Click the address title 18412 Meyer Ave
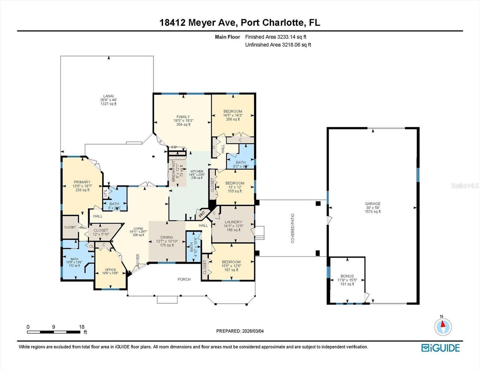click(x=240, y=23)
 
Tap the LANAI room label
click(x=108, y=96)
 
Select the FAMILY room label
click(x=183, y=117)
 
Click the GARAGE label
click(x=373, y=204)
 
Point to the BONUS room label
click(x=347, y=276)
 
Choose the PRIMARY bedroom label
click(x=82, y=182)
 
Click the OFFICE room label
click(x=110, y=270)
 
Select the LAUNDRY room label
click(x=233, y=222)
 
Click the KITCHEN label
click(x=197, y=171)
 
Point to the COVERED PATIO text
click(x=293, y=228)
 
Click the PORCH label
click(x=184, y=279)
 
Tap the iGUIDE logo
click(x=440, y=348)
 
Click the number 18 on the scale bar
click(x=82, y=327)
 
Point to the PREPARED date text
click(x=240, y=331)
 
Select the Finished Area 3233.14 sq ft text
click(x=276, y=37)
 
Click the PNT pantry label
click(x=202, y=214)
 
